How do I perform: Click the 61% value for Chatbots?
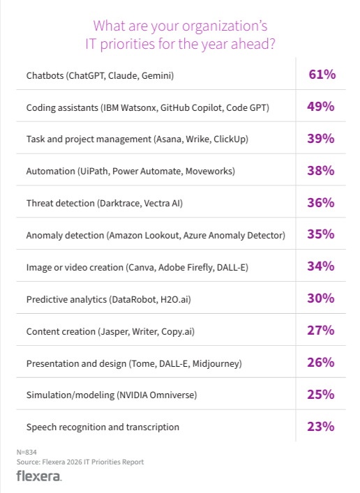[x=322, y=75]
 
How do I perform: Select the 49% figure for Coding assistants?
[x=322, y=107]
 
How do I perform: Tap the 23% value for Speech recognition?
[x=322, y=426]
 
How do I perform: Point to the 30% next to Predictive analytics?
[x=322, y=298]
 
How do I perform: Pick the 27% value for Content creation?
[x=322, y=331]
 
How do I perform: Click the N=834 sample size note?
[x=26, y=453]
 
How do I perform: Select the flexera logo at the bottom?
[x=38, y=476]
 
